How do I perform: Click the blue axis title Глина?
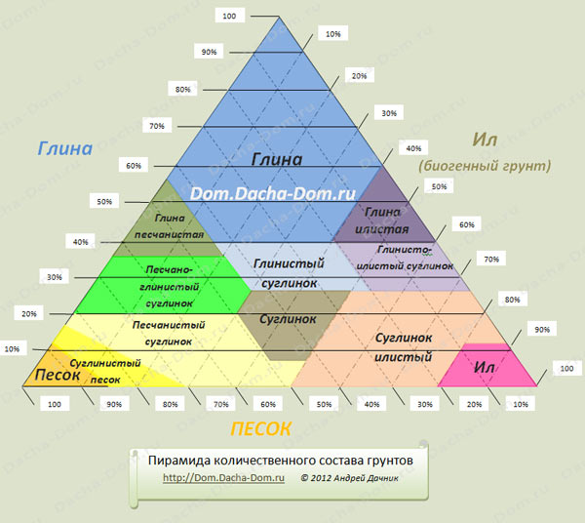tap(64, 148)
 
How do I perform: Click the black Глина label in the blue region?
tap(277, 159)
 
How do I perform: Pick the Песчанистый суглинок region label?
tap(171, 333)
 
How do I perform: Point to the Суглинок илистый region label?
tap(403, 346)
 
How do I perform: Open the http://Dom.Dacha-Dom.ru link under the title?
tap(222, 477)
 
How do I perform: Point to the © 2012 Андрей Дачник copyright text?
tap(350, 478)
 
